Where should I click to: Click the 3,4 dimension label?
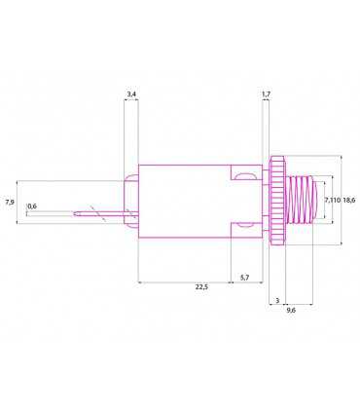[x=131, y=94]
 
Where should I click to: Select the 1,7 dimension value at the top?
[x=266, y=94]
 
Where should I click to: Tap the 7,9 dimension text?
[x=10, y=202]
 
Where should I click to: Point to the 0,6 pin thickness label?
[x=32, y=206]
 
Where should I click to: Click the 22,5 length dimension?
[x=201, y=287]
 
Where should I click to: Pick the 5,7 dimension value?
[x=244, y=278]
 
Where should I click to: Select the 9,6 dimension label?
[x=291, y=311]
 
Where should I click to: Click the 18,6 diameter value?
[x=348, y=200]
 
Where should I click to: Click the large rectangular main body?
[x=185, y=199]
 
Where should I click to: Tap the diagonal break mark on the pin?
[x=93, y=210]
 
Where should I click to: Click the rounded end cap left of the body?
[x=131, y=200]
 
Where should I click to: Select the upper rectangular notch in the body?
[x=243, y=174]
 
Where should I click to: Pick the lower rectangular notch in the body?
[x=243, y=226]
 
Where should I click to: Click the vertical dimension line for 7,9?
[x=19, y=203]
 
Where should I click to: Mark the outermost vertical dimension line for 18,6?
[x=342, y=200]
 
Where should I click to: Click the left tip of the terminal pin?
[x=29, y=212]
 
